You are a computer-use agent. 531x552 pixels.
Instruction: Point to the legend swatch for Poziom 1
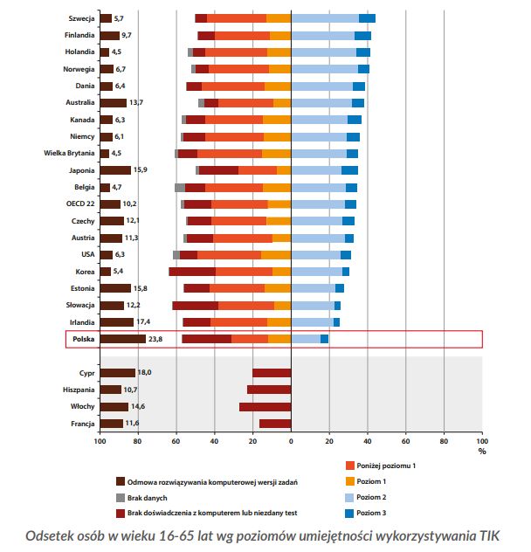pos(351,482)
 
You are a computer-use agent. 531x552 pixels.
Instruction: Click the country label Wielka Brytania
pos(68,154)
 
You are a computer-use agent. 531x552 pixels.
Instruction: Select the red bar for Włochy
pos(265,407)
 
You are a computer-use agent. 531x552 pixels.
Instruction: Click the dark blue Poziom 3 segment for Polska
pos(324,339)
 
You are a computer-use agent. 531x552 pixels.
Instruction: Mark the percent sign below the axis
pos(481,452)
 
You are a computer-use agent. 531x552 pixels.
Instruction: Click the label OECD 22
pos(80,204)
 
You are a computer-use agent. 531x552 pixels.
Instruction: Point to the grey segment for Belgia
pos(179,188)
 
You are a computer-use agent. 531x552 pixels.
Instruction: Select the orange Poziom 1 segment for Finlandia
pos(280,36)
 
